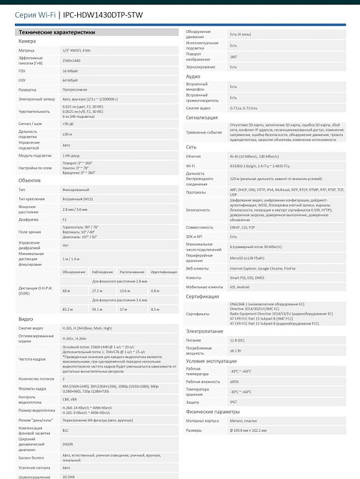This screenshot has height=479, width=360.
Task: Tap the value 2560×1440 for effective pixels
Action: click(71, 61)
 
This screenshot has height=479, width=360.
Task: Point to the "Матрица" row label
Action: click(26, 51)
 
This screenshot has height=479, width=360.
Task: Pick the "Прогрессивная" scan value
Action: click(76, 90)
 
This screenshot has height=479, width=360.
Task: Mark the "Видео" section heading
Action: click(26, 320)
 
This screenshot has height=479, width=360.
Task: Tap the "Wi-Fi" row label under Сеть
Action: click(191, 165)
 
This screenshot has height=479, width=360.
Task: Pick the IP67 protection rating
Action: click(234, 404)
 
